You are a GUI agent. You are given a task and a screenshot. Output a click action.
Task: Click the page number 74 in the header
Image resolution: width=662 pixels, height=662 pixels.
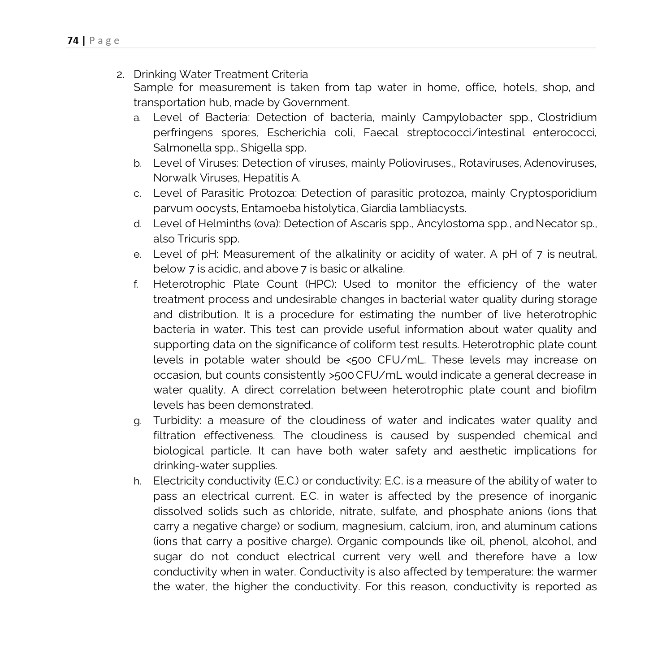[x=73, y=41]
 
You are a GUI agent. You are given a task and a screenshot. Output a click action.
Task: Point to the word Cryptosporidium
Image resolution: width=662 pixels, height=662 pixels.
[x=553, y=193]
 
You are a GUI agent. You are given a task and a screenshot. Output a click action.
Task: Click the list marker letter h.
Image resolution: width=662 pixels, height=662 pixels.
[x=137, y=481]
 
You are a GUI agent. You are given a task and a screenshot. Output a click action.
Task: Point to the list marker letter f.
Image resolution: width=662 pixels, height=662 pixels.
[x=136, y=285]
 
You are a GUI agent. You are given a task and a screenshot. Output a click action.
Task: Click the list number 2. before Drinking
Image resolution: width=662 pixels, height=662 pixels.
[x=120, y=75]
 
